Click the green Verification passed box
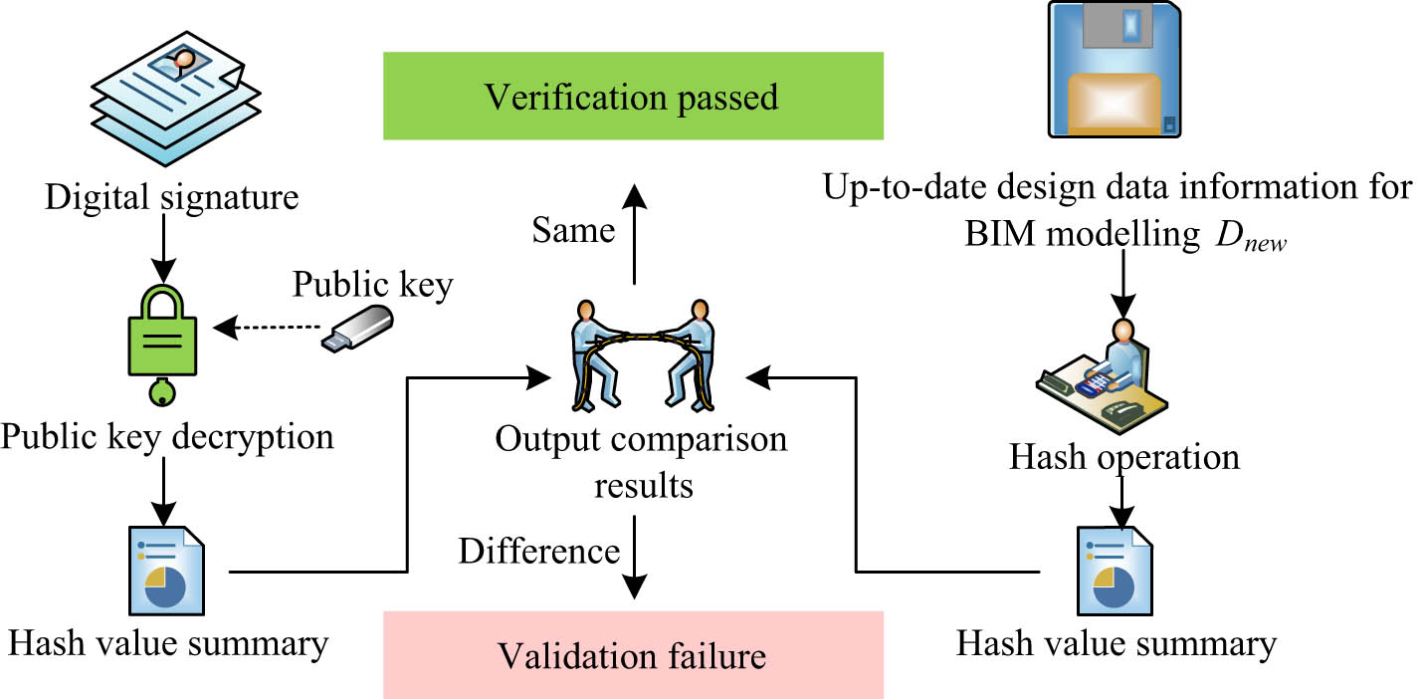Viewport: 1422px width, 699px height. pyautogui.click(x=633, y=96)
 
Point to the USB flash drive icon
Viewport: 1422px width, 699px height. pyautogui.click(x=357, y=327)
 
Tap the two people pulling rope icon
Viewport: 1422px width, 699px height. pyautogui.click(x=642, y=355)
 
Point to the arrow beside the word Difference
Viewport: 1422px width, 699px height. pyautogui.click(x=634, y=568)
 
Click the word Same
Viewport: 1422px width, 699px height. pyautogui.click(x=572, y=231)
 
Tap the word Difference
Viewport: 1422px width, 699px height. pyautogui.click(x=538, y=551)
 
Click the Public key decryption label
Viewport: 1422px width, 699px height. pyautogui.click(x=167, y=435)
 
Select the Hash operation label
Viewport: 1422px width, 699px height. pyautogui.click(x=1124, y=456)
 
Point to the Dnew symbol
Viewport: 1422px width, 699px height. pyautogui.click(x=1251, y=242)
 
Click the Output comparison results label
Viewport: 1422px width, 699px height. pyautogui.click(x=641, y=461)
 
